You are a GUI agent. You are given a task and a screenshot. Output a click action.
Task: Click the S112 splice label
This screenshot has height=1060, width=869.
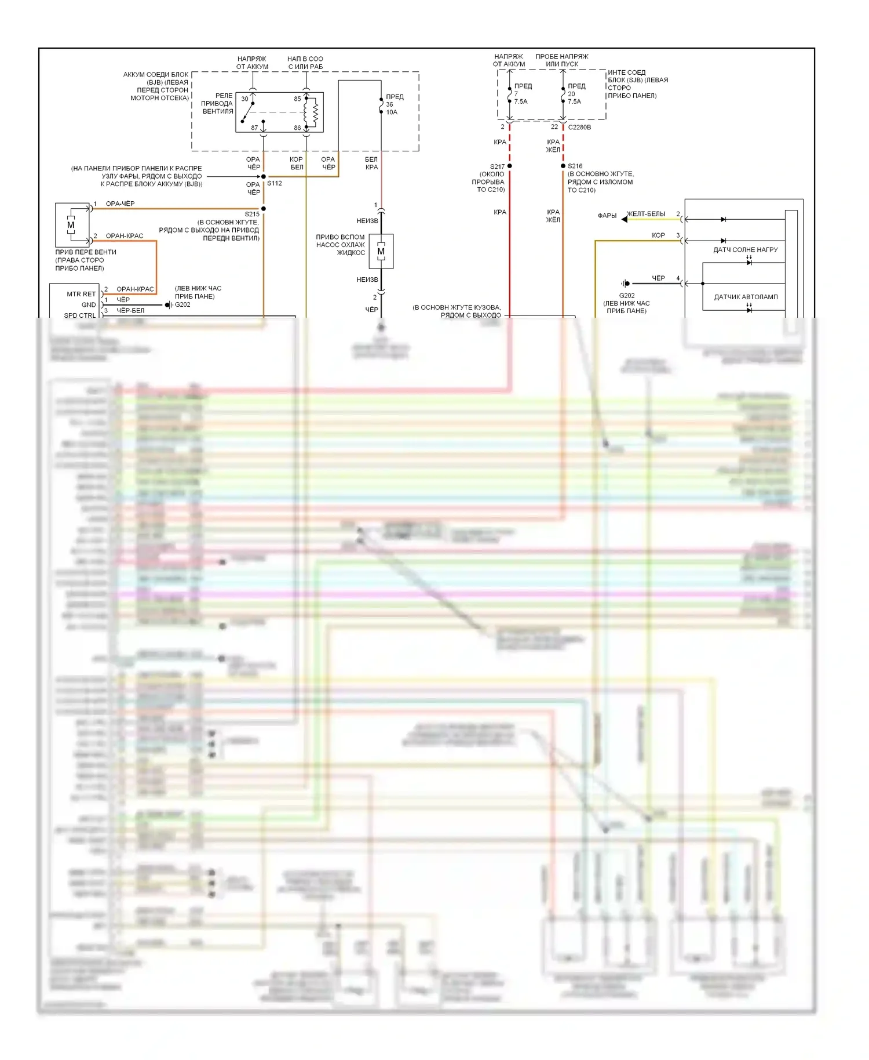pos(274,183)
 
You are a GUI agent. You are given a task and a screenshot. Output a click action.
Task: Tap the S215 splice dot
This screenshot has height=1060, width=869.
pos(264,208)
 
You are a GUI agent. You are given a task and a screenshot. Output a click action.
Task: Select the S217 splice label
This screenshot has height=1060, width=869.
pos(497,166)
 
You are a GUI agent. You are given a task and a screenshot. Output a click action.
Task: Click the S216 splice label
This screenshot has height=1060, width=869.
pos(575,166)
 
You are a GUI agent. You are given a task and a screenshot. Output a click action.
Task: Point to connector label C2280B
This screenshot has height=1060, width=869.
pos(579,127)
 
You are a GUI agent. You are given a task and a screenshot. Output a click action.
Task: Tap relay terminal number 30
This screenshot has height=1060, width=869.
pos(244,99)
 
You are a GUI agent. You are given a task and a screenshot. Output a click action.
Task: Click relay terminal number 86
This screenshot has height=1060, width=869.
pos(297,128)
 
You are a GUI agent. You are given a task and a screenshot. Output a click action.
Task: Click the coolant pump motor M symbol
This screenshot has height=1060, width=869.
pos(381,251)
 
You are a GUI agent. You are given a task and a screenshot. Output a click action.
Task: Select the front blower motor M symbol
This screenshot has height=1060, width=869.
pos(71,225)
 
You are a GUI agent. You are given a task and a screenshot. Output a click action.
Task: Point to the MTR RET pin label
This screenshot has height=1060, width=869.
pos(81,294)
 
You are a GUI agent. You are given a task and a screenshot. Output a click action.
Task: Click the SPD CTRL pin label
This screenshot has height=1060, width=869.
pos(80,315)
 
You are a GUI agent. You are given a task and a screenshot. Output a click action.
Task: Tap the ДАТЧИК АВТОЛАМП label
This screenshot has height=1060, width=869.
pos(746,297)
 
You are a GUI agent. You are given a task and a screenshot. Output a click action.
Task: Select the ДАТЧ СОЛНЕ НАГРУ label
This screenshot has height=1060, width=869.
pos(745,250)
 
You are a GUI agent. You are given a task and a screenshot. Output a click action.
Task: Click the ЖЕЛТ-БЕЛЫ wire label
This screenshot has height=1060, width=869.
pos(646,214)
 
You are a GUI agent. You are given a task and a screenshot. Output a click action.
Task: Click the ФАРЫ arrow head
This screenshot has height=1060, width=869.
pos(624,219)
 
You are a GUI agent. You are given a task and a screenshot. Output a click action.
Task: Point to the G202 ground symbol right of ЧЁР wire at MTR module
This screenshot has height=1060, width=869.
pos(167,304)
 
